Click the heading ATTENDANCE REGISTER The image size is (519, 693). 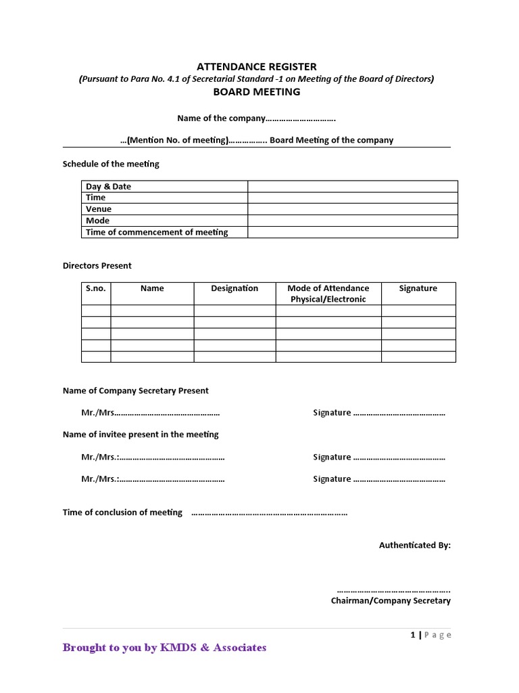256,66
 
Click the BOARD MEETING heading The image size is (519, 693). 256,91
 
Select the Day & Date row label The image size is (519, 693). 109,186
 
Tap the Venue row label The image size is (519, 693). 99,209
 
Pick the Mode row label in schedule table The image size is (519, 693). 97,221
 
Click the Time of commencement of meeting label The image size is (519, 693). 157,232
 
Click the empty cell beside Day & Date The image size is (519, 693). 352,186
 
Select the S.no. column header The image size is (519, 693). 97,288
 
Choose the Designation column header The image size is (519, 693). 234,288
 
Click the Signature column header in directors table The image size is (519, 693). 418,288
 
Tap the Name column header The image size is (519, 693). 152,288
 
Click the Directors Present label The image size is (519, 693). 97,265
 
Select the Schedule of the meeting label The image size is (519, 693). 111,164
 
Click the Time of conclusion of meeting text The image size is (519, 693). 122,512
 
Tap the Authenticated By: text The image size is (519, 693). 414,545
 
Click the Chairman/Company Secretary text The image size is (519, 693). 391,600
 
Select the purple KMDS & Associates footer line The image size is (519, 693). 164,648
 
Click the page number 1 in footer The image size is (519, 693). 412,634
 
